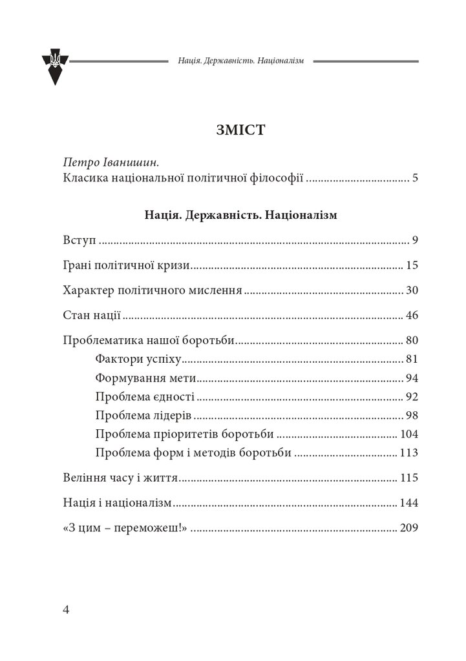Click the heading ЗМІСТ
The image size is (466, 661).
[x=233, y=131]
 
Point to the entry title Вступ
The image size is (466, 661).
[x=79, y=241]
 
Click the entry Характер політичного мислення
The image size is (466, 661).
[x=153, y=290]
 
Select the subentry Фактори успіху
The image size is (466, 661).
[x=140, y=359]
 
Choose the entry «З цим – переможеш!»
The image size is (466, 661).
[x=126, y=528]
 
